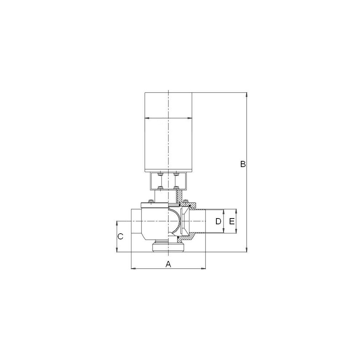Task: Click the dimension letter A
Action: point(168,264)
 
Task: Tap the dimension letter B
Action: point(243,164)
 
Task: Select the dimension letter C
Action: point(120,237)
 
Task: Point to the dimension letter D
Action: point(219,221)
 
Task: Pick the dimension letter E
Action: point(232,221)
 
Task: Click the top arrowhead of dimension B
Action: point(247,95)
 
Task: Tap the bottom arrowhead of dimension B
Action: point(247,250)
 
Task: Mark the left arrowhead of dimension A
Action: point(133,268)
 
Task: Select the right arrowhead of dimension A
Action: point(203,268)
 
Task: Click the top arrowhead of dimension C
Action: point(117,223)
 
